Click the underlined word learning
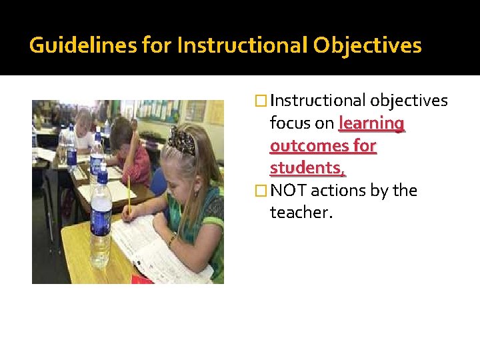coord(371,123)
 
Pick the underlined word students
coord(307,167)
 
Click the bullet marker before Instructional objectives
coord(261,101)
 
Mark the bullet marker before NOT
coord(261,191)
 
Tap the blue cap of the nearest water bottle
coord(102,177)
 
